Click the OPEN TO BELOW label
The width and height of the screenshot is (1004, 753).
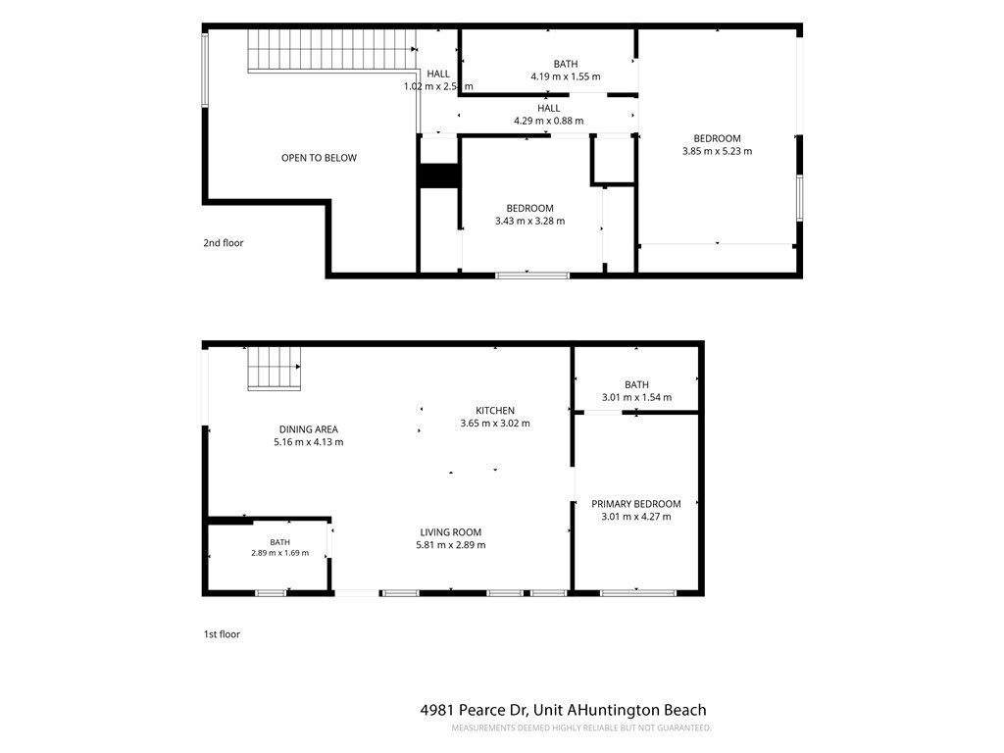[319, 158]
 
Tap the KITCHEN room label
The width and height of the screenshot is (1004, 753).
[495, 411]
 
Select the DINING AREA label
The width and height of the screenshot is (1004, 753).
[309, 429]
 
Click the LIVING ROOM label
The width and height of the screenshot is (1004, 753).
[451, 532]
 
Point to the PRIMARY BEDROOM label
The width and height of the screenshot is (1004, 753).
[635, 504]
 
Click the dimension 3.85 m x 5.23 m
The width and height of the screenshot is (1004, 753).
[717, 151]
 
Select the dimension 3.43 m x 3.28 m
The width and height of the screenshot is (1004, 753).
[530, 221]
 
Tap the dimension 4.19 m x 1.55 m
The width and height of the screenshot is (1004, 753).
[566, 76]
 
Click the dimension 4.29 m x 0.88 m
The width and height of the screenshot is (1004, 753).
[549, 121]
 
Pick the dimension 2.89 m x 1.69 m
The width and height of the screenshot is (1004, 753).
[279, 553]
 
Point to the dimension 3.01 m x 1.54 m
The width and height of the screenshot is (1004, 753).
[636, 397]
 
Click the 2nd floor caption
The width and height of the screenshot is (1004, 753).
[224, 243]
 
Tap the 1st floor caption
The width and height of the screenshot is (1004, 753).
[222, 634]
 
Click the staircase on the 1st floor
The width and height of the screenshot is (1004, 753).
[275, 369]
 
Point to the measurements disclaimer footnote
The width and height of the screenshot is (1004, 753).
[581, 728]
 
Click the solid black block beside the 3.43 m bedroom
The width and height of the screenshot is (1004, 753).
[438, 176]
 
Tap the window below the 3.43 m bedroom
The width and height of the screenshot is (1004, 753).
[532, 276]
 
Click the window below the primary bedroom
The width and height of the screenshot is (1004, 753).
[637, 593]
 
